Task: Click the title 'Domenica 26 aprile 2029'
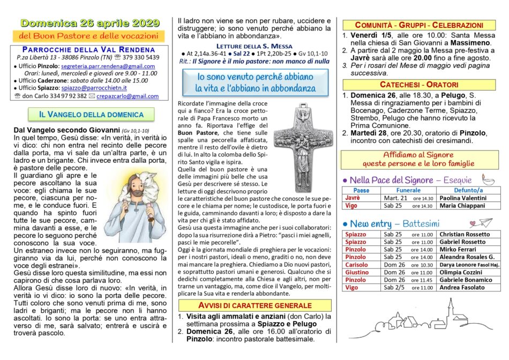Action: coord(90,23)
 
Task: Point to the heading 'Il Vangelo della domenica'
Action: coord(91,114)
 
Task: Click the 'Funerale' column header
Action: coord(408,190)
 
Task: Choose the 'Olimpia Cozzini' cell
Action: coord(463,272)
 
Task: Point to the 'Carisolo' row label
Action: coord(356,265)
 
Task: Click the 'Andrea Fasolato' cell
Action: coord(464,288)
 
